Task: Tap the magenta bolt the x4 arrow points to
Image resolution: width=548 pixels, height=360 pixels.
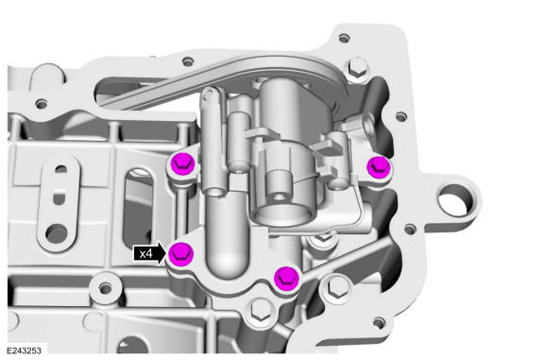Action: [181, 253]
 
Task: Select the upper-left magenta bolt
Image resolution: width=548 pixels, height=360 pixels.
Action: [182, 163]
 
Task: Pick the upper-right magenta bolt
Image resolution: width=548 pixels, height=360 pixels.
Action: [379, 166]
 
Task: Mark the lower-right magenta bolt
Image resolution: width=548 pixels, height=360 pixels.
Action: [286, 278]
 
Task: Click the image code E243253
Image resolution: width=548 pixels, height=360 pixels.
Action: [24, 351]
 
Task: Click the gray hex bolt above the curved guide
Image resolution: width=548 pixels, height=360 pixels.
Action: [357, 70]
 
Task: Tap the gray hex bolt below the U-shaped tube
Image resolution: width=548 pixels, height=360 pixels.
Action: [261, 310]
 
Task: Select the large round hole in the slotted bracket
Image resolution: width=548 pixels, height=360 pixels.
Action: [57, 233]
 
